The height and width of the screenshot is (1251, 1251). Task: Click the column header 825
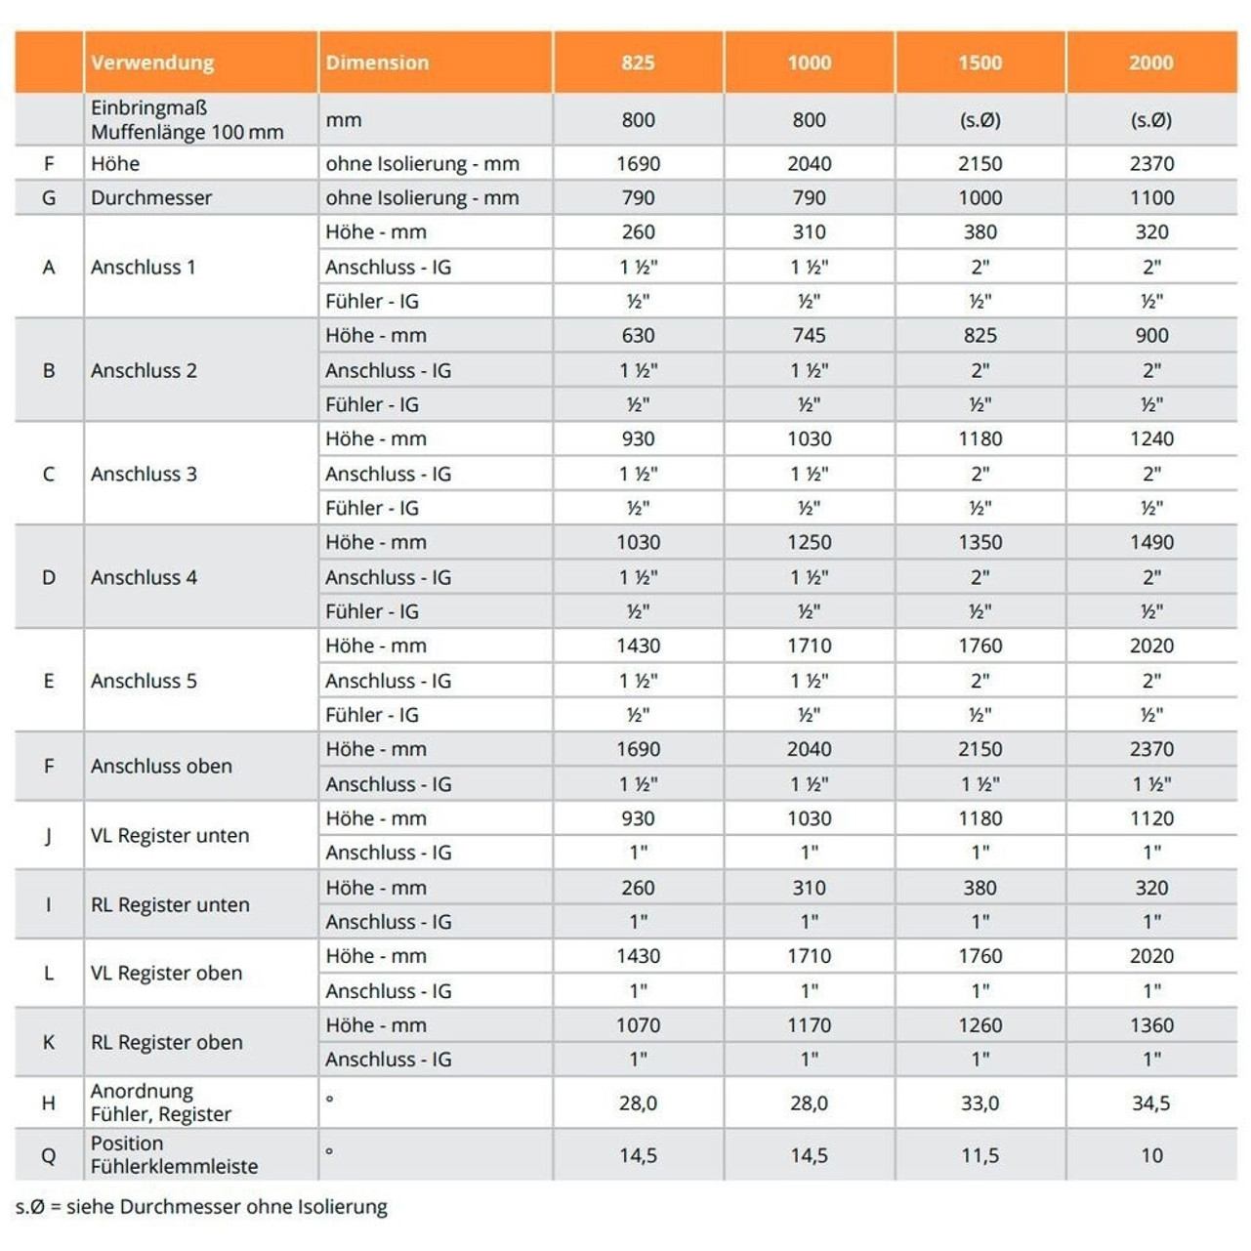[638, 63]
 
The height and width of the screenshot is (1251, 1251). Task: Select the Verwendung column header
[152, 63]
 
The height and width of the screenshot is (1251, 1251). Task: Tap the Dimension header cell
[377, 63]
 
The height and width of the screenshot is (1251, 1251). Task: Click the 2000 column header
[1150, 63]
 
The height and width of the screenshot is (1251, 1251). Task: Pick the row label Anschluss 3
[144, 474]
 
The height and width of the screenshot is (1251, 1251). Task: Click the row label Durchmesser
[151, 197]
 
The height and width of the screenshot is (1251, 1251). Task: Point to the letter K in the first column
[49, 1042]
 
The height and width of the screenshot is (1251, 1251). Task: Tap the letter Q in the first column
[49, 1155]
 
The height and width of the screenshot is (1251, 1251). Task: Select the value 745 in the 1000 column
[809, 335]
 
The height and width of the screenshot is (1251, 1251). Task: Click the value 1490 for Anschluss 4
[1151, 542]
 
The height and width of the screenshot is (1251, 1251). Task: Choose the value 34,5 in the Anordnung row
[1150, 1103]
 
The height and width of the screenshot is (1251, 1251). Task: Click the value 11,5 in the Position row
[980, 1155]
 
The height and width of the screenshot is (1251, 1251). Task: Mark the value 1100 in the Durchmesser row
[1151, 197]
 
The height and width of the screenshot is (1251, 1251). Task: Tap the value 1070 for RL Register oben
[638, 1024]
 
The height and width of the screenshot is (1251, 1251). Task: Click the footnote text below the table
[201, 1207]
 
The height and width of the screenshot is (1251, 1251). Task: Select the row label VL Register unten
[170, 835]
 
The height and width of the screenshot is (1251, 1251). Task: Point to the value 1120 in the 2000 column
[1151, 818]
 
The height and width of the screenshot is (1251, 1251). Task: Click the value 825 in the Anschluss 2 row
[980, 335]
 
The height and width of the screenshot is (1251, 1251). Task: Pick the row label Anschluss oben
[161, 766]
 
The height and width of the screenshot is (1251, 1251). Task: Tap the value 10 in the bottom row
[1151, 1155]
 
